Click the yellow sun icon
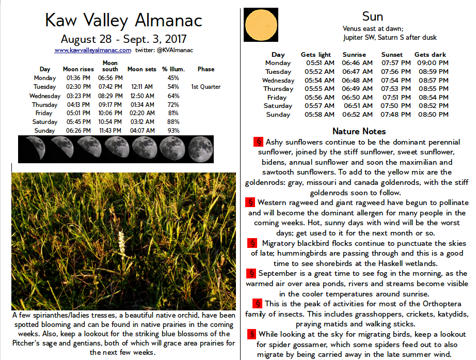tap(261, 25)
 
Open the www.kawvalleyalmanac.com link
tap(92, 51)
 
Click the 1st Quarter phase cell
tap(205, 87)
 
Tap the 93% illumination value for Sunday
tap(173, 131)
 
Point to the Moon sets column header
tap(141, 69)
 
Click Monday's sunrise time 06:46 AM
tap(357, 63)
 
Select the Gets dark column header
tap(430, 55)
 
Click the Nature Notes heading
tap(359, 131)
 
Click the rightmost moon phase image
tap(200, 149)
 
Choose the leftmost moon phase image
tap(31, 149)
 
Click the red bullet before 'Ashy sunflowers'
tap(259, 142)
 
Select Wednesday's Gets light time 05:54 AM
tap(319, 81)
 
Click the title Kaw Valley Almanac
tap(123, 21)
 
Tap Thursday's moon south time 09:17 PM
tap(110, 104)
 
